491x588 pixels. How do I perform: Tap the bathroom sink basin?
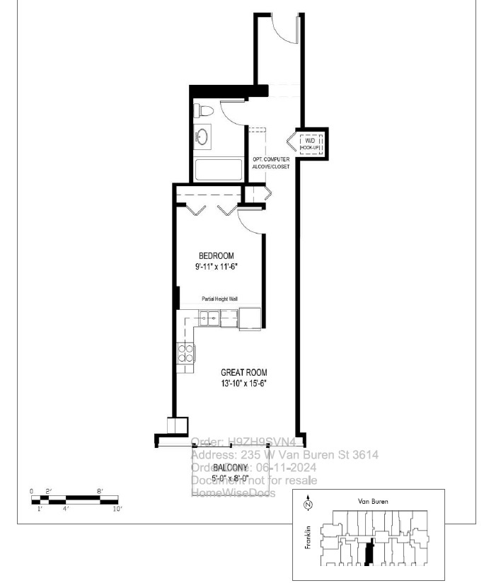point(204,137)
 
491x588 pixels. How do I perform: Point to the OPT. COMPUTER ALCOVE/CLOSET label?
point(271,163)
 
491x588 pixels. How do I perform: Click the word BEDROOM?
point(216,255)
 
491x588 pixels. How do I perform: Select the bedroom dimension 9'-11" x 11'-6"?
point(216,267)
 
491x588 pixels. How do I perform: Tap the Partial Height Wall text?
point(219,299)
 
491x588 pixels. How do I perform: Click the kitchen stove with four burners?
point(185,352)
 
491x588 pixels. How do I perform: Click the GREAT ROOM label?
point(244,372)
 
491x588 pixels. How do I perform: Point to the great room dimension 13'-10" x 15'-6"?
point(244,383)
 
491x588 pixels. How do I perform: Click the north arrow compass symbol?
point(308,505)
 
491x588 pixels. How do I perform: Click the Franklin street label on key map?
point(309,538)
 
